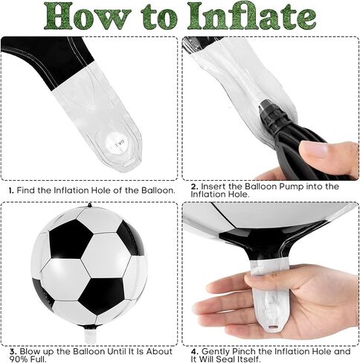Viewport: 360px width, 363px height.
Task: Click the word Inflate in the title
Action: (251, 16)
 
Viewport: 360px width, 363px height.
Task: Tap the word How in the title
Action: (88, 16)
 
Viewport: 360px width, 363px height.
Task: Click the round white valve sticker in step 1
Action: (117, 143)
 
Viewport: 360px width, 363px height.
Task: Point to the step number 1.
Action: (11, 190)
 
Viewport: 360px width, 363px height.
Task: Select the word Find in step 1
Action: (26, 190)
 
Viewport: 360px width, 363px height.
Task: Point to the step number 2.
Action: (195, 187)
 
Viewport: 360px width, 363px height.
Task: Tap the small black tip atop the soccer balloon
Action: (89, 205)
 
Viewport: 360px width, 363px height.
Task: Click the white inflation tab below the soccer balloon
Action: (90, 336)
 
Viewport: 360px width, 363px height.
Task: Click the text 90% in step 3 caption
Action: (19, 359)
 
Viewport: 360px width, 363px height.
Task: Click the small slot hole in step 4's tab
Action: (273, 327)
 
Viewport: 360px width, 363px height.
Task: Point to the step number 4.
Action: (195, 352)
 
